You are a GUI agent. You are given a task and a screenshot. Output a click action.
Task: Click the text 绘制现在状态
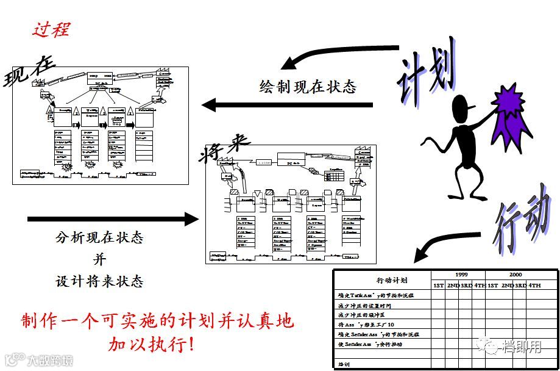pyautogui.click(x=308, y=87)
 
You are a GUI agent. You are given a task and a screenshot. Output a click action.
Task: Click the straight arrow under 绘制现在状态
pyautogui.click(x=286, y=106)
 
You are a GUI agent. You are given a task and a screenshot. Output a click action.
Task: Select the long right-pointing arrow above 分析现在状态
pyautogui.click(x=113, y=218)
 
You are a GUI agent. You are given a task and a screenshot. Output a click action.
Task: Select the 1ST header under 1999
pyautogui.click(x=438, y=285)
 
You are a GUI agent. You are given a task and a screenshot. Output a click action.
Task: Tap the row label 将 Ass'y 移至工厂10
pyautogui.click(x=366, y=325)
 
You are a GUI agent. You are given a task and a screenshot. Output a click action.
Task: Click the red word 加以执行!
pyautogui.click(x=152, y=344)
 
